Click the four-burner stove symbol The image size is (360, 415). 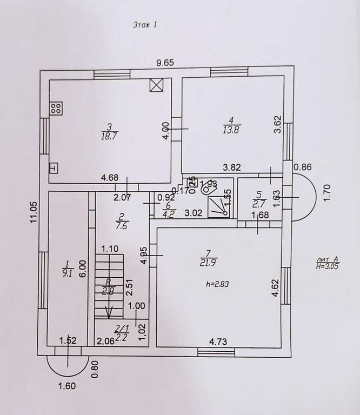[56, 108]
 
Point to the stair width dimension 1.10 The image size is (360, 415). [110, 250]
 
